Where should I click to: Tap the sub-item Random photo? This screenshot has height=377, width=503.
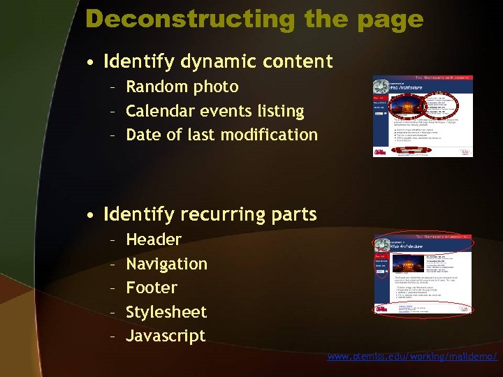(x=182, y=87)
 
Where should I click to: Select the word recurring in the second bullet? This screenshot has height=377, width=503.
(x=214, y=214)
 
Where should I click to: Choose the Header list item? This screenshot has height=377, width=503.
(x=154, y=239)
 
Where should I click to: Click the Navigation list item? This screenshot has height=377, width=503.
(x=166, y=264)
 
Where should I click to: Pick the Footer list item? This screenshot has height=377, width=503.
(x=152, y=288)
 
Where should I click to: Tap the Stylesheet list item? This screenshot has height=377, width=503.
(x=166, y=311)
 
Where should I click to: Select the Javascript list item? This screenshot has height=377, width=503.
(x=166, y=336)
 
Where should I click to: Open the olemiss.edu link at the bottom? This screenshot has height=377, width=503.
(x=412, y=357)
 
